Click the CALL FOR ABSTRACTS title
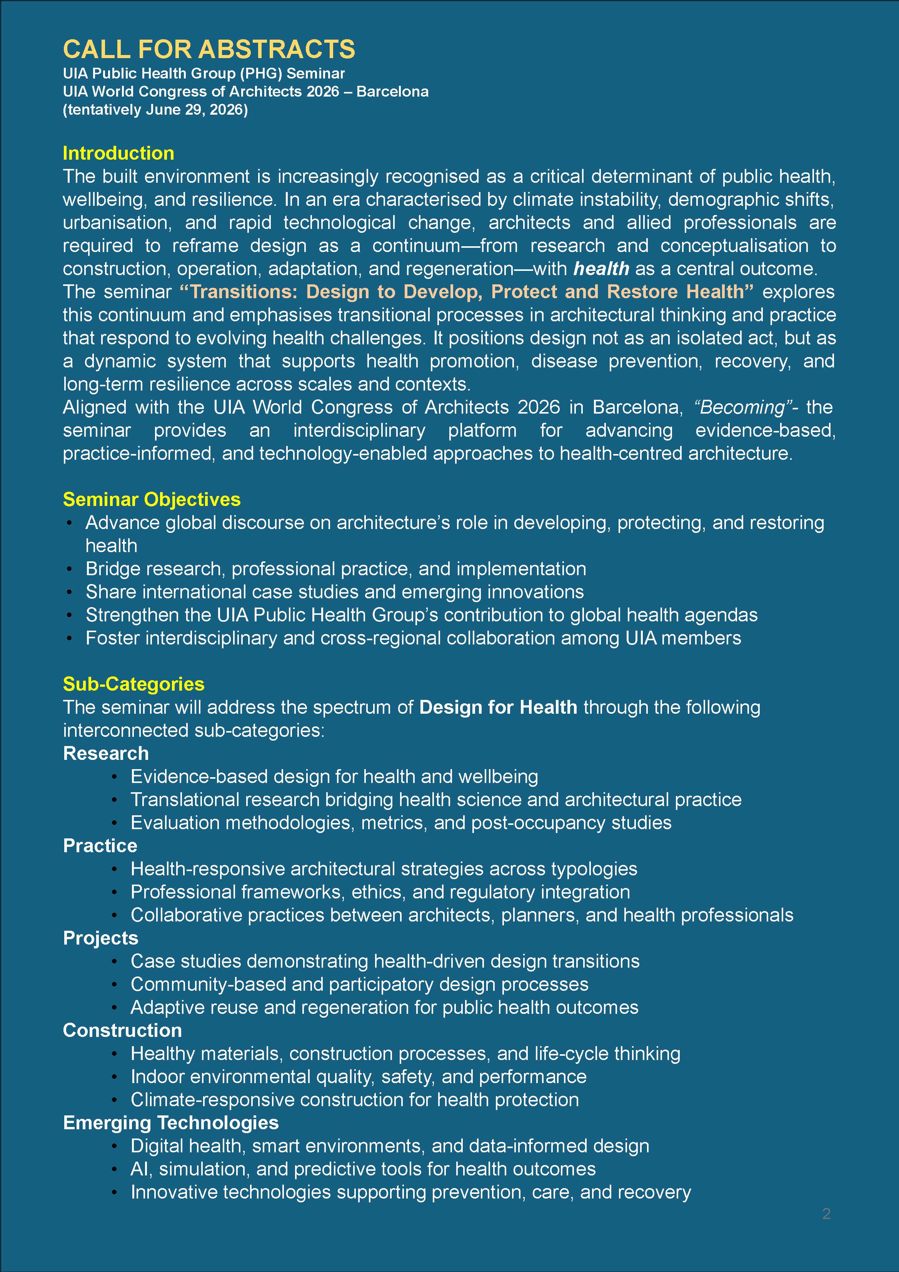click(209, 49)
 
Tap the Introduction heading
click(118, 153)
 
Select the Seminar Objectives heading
click(152, 499)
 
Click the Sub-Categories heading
click(133, 684)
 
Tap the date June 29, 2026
click(194, 110)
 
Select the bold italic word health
click(601, 269)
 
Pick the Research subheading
click(106, 753)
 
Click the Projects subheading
click(101, 938)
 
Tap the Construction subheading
click(122, 1030)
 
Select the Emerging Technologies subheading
click(170, 1122)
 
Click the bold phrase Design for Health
click(498, 708)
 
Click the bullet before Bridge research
click(69, 569)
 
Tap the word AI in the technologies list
click(138, 1169)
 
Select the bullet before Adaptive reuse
click(115, 1008)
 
